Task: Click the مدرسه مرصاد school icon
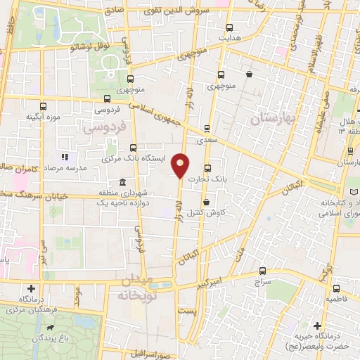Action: [65, 157]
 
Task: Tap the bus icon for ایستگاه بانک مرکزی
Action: [134, 148]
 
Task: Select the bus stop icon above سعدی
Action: [207, 129]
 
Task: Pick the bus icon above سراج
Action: [262, 270]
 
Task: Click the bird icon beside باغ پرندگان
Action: [50, 328]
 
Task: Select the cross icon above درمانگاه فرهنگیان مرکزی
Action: [32, 289]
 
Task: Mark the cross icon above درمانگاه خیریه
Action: [319, 326]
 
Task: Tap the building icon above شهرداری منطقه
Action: [123, 182]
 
